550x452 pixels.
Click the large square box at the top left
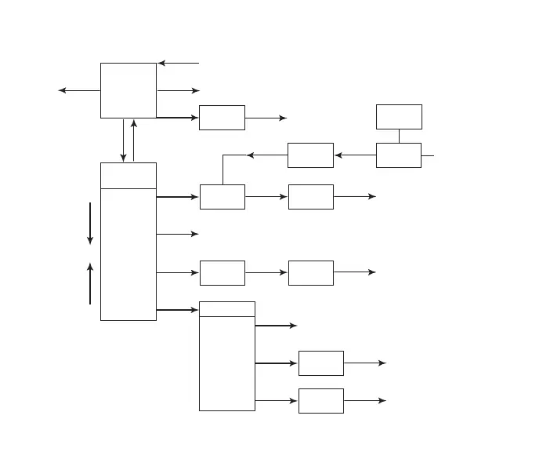[128, 90]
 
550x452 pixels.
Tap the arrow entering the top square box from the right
[179, 63]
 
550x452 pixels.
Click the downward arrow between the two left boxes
[123, 140]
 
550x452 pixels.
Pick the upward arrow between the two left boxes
[135, 140]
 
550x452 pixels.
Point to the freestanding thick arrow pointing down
[90, 223]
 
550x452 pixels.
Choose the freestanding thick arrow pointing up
[90, 283]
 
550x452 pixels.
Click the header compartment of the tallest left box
[128, 176]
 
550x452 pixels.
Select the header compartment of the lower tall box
[227, 308]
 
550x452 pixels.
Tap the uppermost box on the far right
[399, 116]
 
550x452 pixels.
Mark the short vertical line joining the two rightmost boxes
[399, 136]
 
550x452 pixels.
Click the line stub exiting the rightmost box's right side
[428, 155]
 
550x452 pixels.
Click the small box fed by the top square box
[222, 118]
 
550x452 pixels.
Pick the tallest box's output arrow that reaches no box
[178, 234]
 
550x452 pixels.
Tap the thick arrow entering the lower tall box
[178, 310]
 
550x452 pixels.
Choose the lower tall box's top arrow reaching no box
[276, 325]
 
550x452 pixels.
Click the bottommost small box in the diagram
[321, 400]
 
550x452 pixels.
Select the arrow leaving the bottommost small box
[365, 400]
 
